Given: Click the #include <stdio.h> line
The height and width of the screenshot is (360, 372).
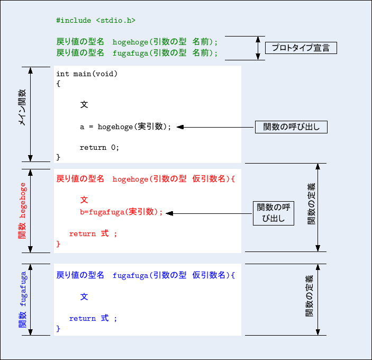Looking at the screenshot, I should (x=95, y=21).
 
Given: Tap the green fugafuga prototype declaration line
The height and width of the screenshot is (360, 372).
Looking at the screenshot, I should (x=137, y=53).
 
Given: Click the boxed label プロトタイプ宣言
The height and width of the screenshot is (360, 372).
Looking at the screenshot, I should (x=301, y=48).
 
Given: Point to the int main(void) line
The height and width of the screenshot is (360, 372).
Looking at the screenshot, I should (x=87, y=74).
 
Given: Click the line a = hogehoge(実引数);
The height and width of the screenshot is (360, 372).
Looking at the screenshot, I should (x=125, y=127).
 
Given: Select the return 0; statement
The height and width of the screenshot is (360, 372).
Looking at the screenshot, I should (x=99, y=148).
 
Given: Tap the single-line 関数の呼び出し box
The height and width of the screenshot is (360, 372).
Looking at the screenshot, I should (x=291, y=127).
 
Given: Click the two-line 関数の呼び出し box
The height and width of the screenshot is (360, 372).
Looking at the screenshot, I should (x=273, y=213).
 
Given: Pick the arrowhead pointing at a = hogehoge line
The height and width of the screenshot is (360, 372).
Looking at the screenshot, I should (x=180, y=127).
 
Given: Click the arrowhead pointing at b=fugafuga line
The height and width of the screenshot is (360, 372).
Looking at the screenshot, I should (x=170, y=213).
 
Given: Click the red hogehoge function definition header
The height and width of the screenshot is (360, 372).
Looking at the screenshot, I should (x=145, y=179).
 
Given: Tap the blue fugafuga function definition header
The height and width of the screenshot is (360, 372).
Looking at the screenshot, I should (x=145, y=276).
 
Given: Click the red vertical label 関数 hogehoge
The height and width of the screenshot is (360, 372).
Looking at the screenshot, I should (x=22, y=210).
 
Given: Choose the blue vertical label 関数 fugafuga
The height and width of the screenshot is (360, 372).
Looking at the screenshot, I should (x=22, y=300).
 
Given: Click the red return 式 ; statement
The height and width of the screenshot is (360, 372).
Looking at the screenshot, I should (x=93, y=234).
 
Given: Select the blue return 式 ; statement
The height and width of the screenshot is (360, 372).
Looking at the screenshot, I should (x=93, y=319).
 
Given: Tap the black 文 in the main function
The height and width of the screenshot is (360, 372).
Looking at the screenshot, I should (x=84, y=105).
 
